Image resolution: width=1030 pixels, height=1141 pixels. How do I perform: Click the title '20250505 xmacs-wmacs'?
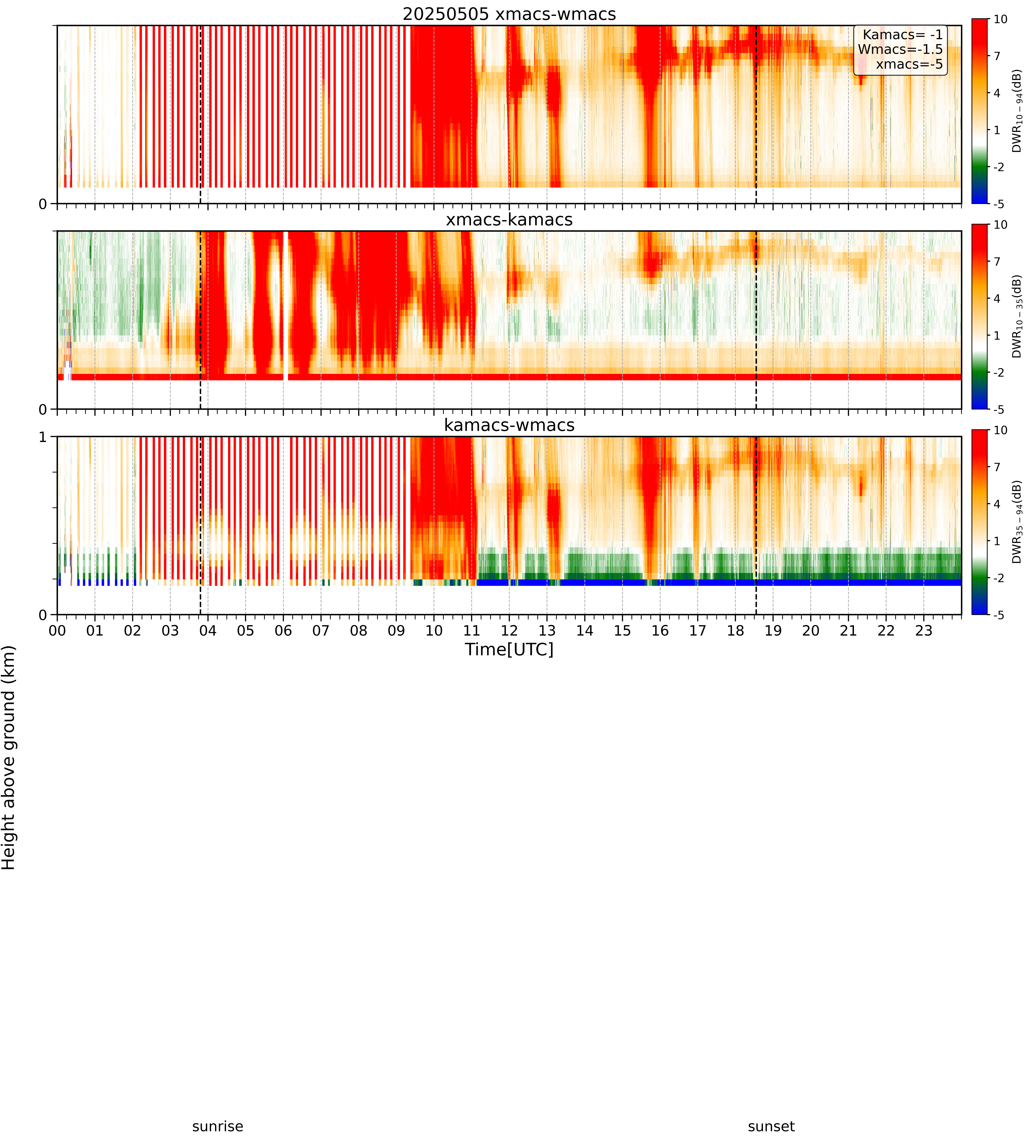(x=509, y=14)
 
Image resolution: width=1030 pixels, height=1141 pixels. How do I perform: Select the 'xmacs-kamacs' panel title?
(x=509, y=220)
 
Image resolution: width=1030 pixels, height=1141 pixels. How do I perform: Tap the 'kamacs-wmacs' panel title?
(x=509, y=425)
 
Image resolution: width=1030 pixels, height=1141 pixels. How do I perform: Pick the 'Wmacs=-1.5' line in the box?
(x=900, y=49)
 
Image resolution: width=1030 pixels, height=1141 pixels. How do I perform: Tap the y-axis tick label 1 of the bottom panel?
(x=43, y=437)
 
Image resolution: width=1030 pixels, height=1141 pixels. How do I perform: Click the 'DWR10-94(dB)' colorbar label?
(x=1017, y=111)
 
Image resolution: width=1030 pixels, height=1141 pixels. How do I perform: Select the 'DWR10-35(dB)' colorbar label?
(x=1017, y=316)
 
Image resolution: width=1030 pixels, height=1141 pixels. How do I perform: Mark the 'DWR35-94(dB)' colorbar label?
(x=1017, y=522)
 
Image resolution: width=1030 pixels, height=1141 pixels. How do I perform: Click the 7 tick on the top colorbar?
(x=997, y=56)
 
